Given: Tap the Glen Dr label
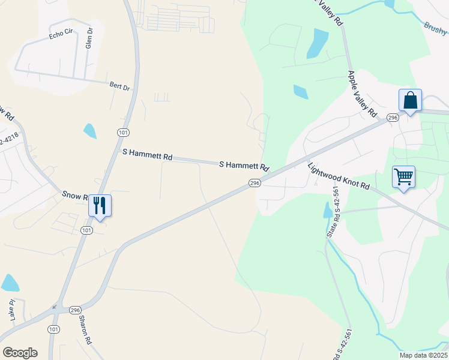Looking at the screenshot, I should click(x=89, y=38).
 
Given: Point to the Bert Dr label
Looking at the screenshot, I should click(x=119, y=87).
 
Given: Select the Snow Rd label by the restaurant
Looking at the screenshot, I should click(x=76, y=196).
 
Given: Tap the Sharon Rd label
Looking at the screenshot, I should click(x=84, y=330).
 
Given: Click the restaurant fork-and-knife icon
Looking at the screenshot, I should click(x=99, y=205).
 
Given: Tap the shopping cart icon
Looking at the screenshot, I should click(x=403, y=177).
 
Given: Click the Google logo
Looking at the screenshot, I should click(x=20, y=352).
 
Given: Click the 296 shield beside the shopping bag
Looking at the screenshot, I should click(x=393, y=118).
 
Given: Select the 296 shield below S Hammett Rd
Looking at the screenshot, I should click(x=255, y=183).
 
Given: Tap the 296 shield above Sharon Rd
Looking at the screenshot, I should click(x=74, y=310).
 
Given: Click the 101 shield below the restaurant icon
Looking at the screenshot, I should click(x=86, y=230).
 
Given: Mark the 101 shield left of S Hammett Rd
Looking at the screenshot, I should click(x=122, y=132).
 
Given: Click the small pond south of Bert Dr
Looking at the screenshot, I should click(x=90, y=130).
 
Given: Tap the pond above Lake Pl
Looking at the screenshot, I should click(x=10, y=283).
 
